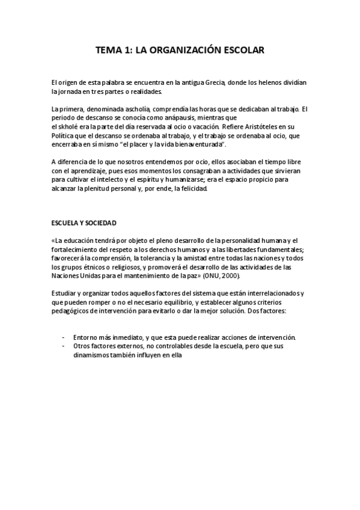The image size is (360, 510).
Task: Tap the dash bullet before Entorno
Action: tap(64, 338)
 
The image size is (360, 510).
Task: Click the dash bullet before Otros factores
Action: tap(64, 347)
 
